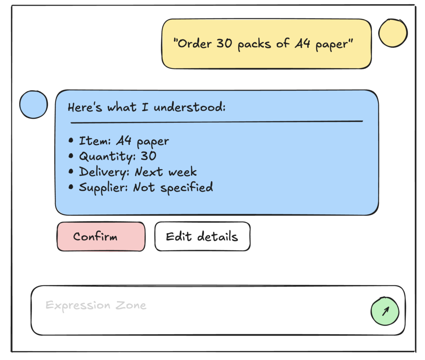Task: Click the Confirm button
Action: tap(101, 237)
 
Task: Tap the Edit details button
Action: tap(202, 237)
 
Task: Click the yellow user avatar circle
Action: tap(393, 33)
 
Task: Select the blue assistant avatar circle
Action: tap(33, 105)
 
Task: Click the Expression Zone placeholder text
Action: tap(96, 306)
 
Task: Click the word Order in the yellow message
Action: tap(195, 44)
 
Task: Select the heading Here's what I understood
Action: tap(147, 107)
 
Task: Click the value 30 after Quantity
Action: tap(148, 156)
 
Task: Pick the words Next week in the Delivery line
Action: tap(166, 172)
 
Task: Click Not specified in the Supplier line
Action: tap(173, 187)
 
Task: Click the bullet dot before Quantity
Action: tap(71, 157)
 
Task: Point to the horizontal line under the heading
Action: tap(217, 122)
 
